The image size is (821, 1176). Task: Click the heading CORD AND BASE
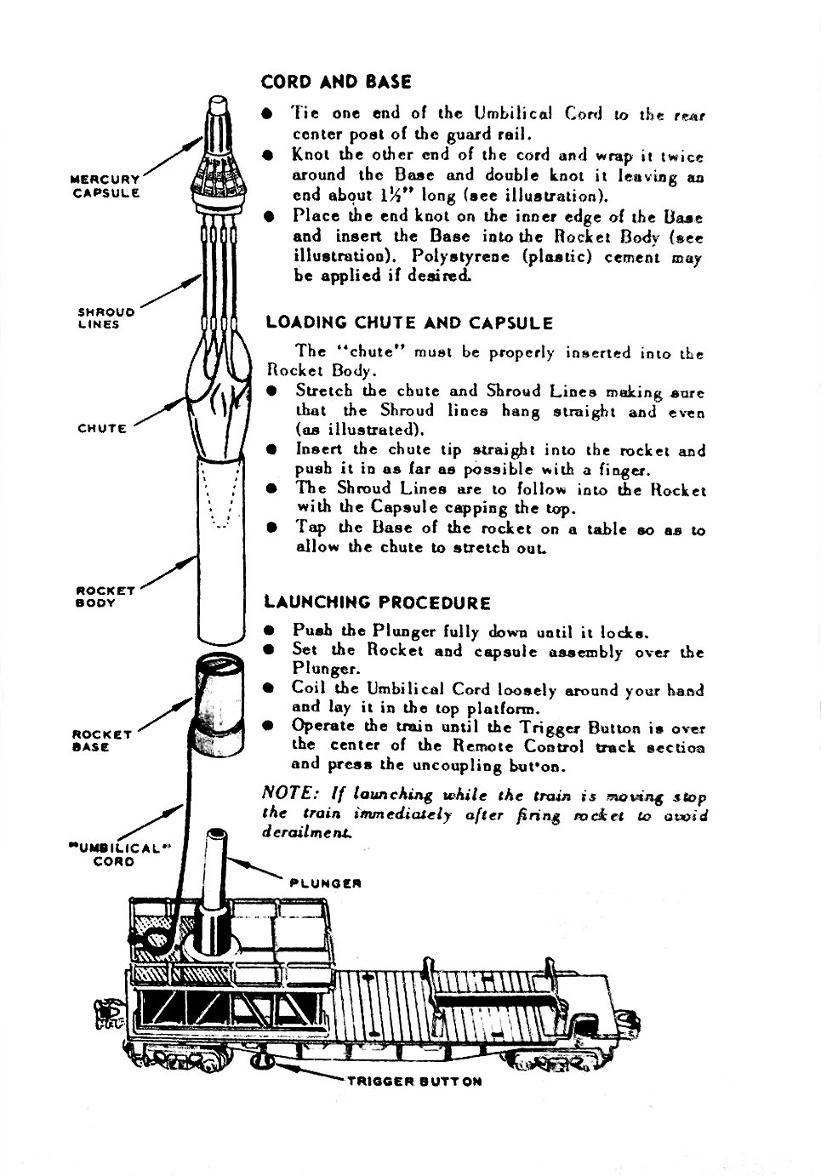[336, 83]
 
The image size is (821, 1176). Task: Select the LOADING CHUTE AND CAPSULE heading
[409, 323]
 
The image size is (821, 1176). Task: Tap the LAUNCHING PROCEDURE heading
[377, 603]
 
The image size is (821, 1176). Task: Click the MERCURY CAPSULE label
[105, 186]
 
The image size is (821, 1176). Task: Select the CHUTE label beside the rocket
[102, 429]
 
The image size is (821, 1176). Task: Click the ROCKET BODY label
[105, 597]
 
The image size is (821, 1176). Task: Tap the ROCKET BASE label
[102, 740]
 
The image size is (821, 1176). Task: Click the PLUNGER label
[326, 883]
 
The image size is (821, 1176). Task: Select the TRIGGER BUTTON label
[414, 1082]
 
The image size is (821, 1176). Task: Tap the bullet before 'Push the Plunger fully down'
[270, 632]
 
